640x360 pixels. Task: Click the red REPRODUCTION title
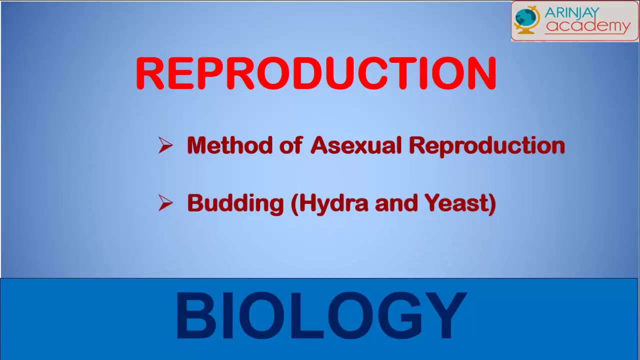[316, 73]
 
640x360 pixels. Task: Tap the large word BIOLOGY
[321, 315]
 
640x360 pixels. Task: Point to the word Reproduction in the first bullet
[487, 146]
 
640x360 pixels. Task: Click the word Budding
[235, 204]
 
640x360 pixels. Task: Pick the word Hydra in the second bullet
[329, 204]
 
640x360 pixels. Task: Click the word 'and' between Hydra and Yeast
[396, 203]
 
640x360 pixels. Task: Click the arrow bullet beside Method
[165, 145]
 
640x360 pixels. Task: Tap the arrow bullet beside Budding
[165, 203]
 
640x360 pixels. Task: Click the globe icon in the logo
[527, 19]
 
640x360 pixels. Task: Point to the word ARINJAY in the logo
[571, 12]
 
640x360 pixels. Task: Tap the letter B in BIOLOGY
[195, 315]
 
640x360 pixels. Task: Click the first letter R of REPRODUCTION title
[150, 73]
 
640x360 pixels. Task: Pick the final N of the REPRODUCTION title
[481, 73]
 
